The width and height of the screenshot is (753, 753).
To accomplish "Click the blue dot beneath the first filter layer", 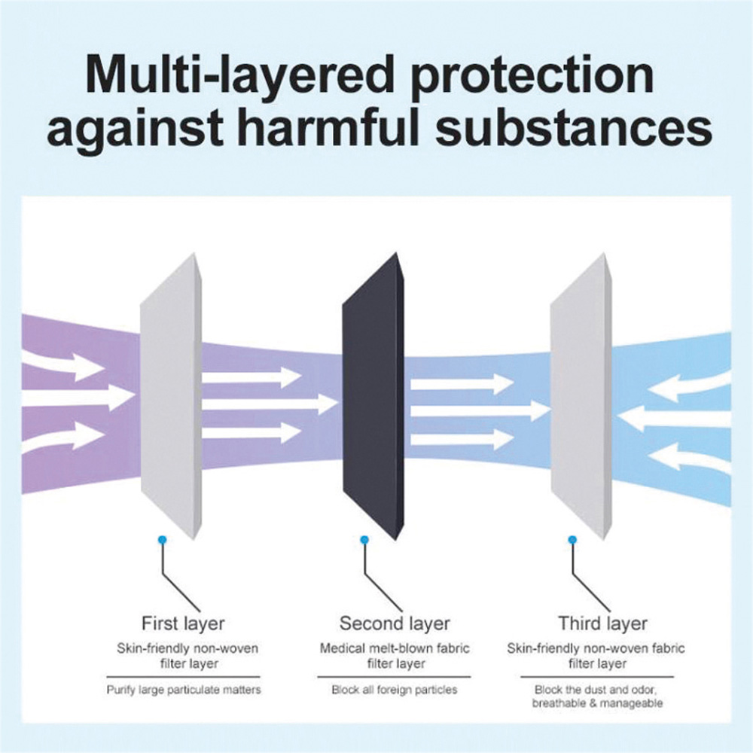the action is pos(163,539).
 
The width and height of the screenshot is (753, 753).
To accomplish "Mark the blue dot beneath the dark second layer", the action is pos(364,540).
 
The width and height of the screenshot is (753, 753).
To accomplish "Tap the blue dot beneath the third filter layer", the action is pos(572,540).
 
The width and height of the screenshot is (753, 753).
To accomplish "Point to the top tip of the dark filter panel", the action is pos(398,252).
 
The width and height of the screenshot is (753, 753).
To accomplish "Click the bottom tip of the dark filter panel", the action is pos(396,541).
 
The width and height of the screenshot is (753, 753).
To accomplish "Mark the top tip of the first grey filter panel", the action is pos(194,253).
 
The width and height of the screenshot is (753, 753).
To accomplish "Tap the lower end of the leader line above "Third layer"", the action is pos(610,611).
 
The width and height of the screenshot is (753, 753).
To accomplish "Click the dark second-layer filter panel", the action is pos(373,397).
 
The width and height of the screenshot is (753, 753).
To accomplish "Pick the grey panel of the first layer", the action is pos(170,397).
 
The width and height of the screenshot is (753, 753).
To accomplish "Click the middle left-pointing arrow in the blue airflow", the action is pos(680,412).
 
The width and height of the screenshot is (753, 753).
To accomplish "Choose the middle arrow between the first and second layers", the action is pos(270,404).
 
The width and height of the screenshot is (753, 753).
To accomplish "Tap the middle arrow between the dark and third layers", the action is pos(480,410).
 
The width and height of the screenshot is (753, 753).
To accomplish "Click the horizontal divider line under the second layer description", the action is pos(394,677).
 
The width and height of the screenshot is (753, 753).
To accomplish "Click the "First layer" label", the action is pos(183,623).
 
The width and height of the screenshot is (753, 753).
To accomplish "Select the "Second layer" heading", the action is pos(395,623).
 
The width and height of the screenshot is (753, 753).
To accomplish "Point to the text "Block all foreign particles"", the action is pos(395,690).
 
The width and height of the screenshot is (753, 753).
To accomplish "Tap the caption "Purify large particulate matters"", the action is pos(184,690).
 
